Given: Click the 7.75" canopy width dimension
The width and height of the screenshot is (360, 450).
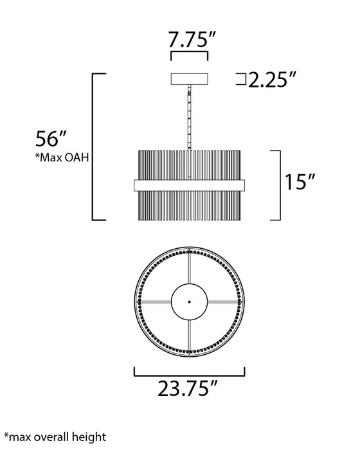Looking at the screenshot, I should click(189, 40).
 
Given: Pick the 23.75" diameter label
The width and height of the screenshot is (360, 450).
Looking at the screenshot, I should click(189, 390).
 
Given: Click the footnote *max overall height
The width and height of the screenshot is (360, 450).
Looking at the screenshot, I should click(54, 437).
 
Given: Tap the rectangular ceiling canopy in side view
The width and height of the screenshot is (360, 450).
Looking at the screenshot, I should click(189, 80).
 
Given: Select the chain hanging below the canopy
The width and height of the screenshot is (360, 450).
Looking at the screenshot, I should click(189, 119).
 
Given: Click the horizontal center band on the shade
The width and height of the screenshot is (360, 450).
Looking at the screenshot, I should click(189, 184).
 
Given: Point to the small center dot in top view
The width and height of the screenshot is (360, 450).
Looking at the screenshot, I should click(189, 301).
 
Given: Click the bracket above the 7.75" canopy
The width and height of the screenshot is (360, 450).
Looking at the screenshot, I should click(189, 57).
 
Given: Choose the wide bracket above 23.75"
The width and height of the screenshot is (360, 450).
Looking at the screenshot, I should click(189, 370).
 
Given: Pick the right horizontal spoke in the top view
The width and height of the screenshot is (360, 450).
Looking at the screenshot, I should click(224, 301).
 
